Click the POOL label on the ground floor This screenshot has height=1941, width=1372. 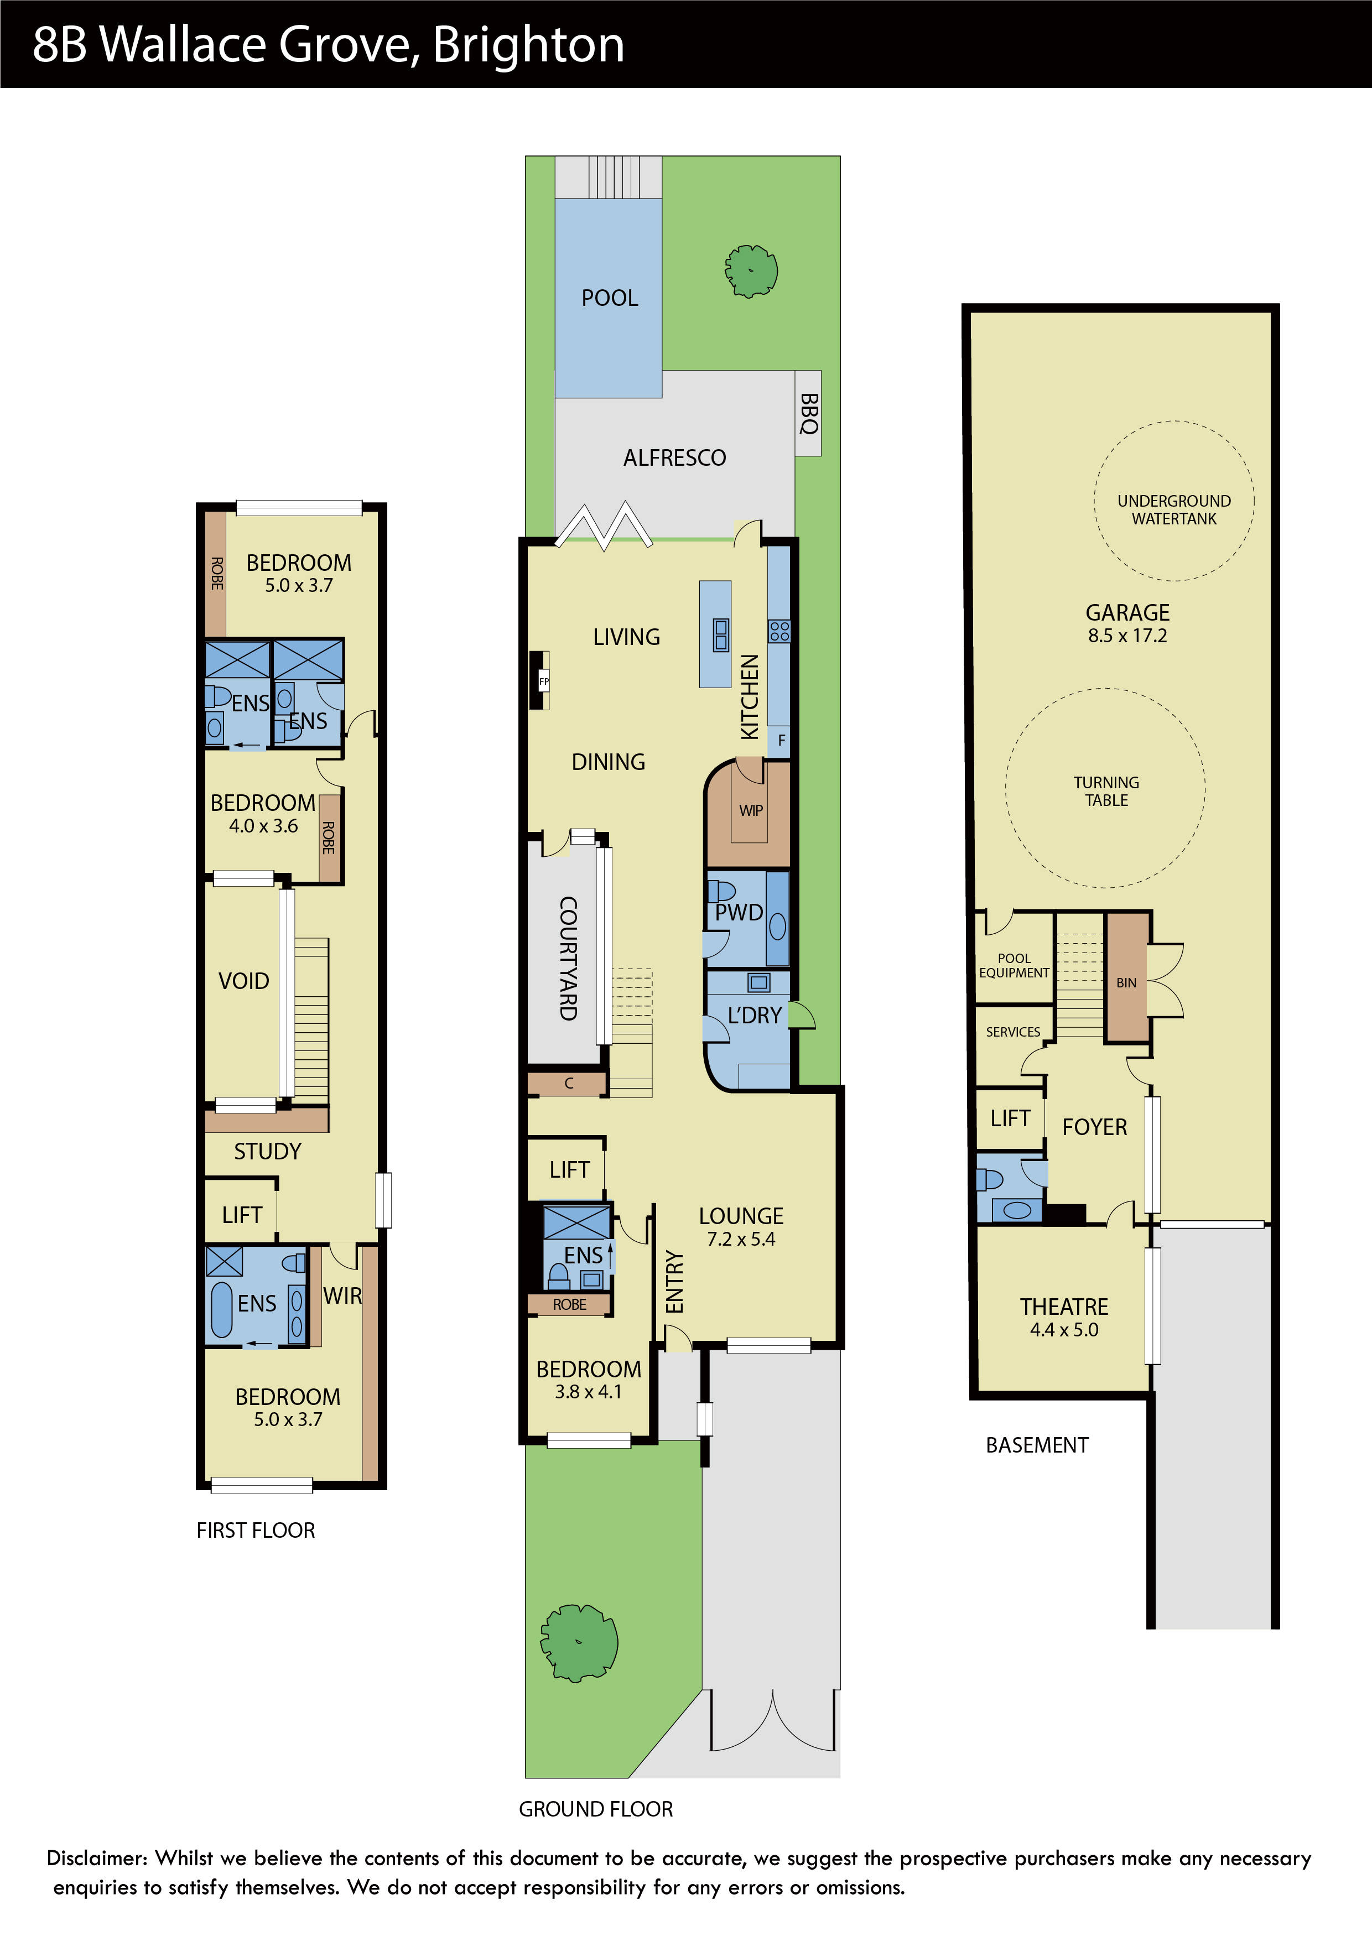tap(610, 298)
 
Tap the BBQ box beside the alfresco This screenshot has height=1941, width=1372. tap(808, 413)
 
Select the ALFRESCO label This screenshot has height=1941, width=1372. tap(674, 458)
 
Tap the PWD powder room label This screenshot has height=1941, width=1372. tap(739, 913)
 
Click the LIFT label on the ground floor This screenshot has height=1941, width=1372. tap(569, 1170)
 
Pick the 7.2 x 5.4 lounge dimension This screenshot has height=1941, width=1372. tap(741, 1240)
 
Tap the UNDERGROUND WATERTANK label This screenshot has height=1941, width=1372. tap(1173, 510)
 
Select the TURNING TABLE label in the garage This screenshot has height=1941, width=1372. tap(1106, 791)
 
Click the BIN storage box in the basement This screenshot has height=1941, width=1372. tap(1126, 983)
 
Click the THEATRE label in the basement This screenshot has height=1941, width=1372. tap(1063, 1307)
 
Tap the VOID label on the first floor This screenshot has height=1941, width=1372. tap(243, 981)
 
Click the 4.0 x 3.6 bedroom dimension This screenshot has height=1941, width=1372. tap(263, 826)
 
